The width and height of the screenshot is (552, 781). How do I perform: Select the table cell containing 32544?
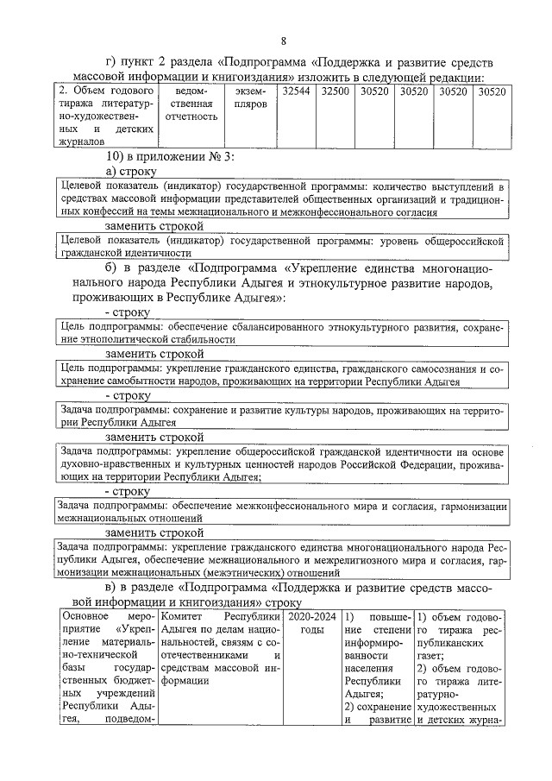[296, 91]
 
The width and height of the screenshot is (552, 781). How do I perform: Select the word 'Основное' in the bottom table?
[84, 618]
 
